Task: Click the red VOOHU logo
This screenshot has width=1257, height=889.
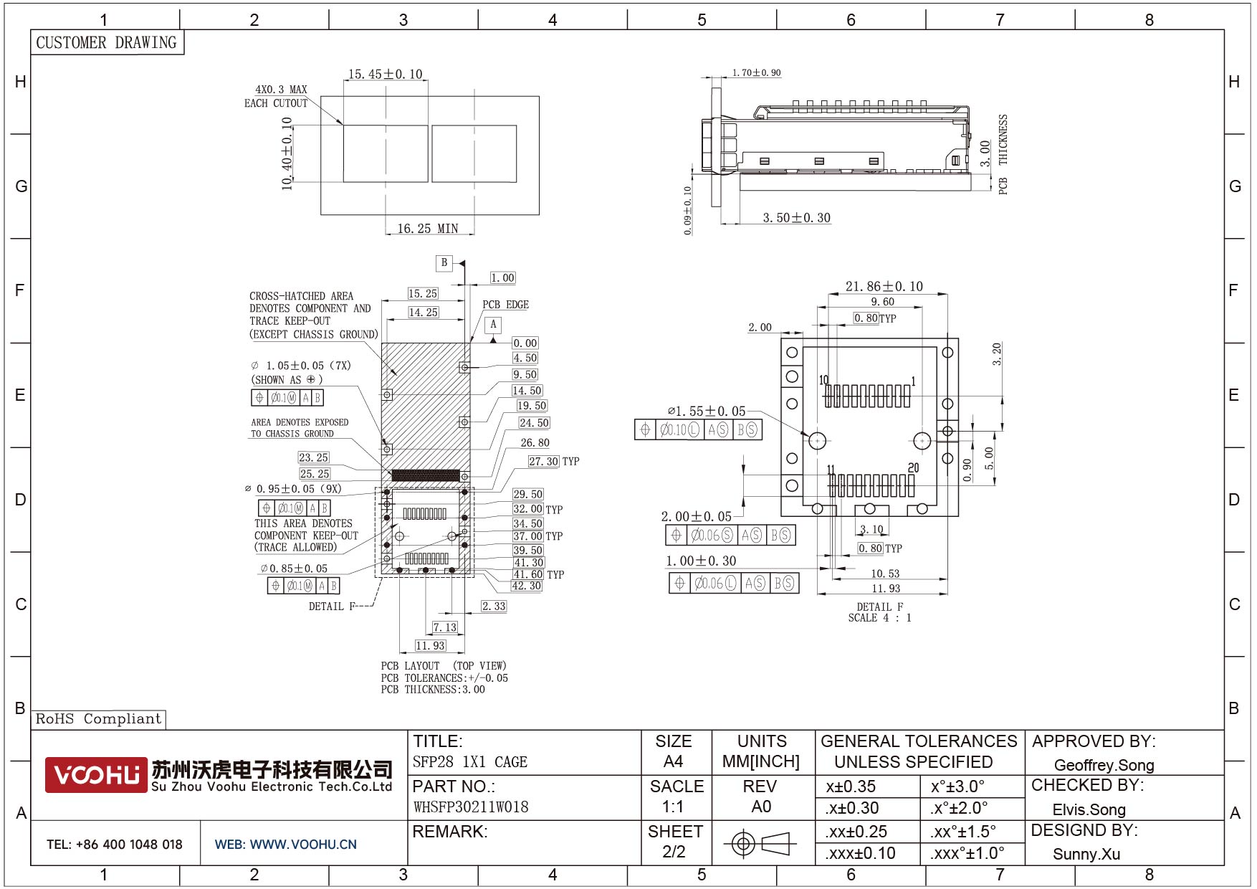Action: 96,774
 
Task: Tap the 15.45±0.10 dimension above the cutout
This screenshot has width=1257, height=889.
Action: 386,74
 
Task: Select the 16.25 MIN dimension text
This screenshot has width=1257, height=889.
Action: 428,229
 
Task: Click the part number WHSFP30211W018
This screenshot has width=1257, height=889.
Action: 471,807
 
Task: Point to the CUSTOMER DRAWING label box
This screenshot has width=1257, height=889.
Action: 107,42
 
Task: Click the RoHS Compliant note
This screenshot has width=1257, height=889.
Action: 99,719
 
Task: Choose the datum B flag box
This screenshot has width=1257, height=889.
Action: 444,263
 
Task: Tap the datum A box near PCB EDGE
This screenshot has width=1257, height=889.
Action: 493,325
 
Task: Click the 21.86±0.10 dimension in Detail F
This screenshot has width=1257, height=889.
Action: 884,286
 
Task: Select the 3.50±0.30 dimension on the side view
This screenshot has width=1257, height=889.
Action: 796,218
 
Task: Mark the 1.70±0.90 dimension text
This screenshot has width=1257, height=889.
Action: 756,72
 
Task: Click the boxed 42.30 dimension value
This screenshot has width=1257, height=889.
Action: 527,586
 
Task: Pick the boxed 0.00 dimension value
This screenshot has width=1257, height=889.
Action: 525,343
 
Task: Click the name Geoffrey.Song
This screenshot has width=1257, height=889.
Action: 1104,765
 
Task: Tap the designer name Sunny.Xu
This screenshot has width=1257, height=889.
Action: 1086,854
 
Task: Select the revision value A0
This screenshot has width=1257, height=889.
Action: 761,807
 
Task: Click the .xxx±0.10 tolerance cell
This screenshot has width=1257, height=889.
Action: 860,853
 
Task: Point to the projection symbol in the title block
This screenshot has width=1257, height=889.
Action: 760,843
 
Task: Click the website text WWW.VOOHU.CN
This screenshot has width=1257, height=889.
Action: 303,845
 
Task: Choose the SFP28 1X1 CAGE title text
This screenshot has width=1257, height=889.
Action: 470,762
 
